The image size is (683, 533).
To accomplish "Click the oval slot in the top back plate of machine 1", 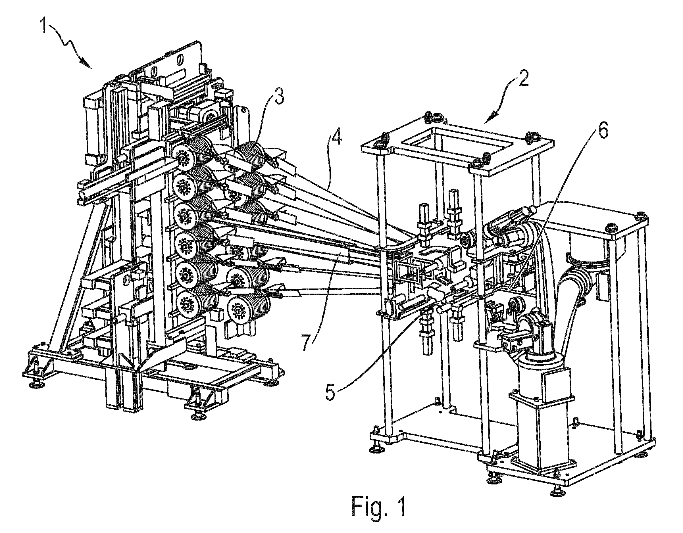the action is [x=179, y=60].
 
